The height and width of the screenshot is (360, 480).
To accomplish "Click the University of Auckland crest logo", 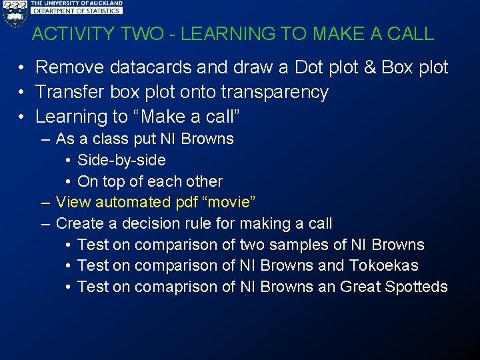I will [x=14, y=13].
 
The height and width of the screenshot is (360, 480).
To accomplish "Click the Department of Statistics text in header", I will [x=77, y=11].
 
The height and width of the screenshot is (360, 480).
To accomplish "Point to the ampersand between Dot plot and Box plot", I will [x=370, y=67].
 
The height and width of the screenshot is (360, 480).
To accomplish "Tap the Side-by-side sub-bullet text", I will [x=121, y=160].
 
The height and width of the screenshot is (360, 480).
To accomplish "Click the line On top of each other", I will [x=150, y=181].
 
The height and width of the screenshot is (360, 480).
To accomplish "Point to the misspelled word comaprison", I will [x=176, y=287].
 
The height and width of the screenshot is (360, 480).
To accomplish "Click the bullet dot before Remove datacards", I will [x=22, y=68].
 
